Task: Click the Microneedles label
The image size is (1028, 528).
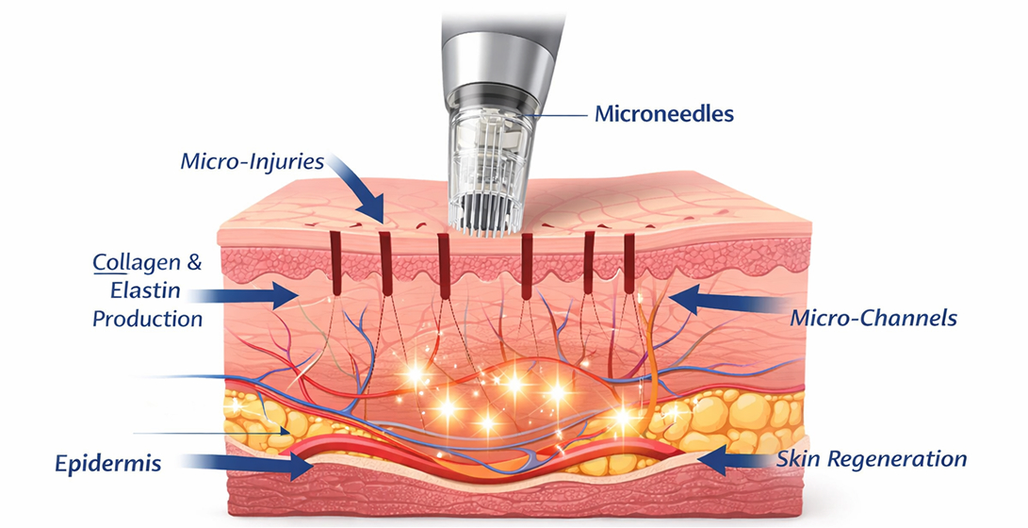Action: click(x=663, y=114)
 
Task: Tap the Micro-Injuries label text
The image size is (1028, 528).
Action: click(x=252, y=161)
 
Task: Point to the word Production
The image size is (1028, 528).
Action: click(x=147, y=319)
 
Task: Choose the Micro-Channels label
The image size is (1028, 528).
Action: click(x=873, y=317)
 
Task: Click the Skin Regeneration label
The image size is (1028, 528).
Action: click(x=872, y=459)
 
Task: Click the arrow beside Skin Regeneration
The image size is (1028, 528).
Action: click(x=735, y=460)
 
